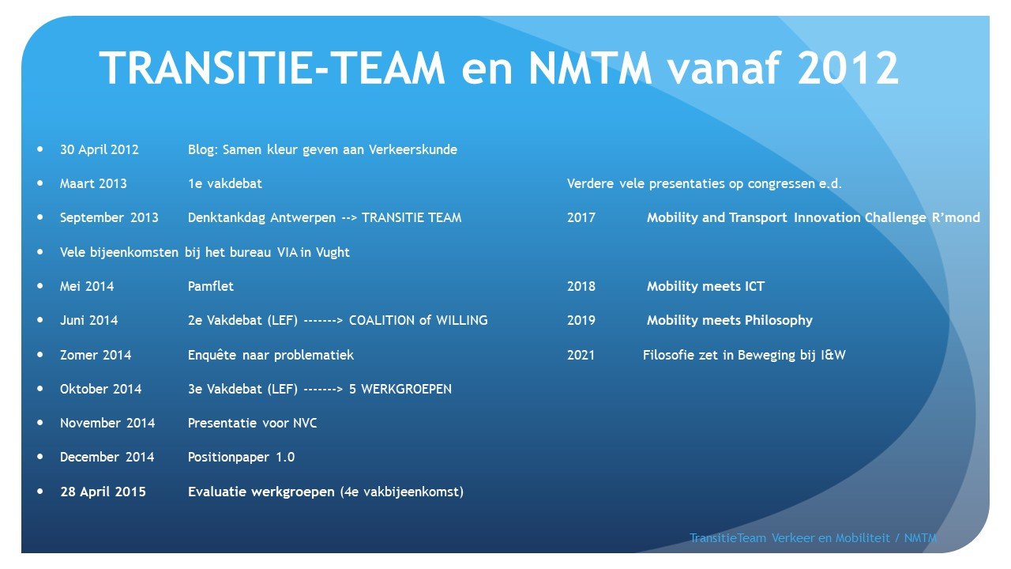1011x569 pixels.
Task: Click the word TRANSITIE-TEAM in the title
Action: tap(272, 68)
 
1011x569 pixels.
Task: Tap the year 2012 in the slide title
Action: tap(848, 68)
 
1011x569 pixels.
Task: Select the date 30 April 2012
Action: tap(100, 149)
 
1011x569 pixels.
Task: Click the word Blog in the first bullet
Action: tap(203, 149)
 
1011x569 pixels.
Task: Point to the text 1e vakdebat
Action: tap(225, 183)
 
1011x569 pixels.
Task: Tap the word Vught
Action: tap(333, 252)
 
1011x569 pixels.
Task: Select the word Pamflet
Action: tap(211, 286)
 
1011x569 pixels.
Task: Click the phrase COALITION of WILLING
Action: tap(419, 320)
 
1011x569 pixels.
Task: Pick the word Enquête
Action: tap(212, 355)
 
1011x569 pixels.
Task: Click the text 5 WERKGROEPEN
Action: tap(400, 389)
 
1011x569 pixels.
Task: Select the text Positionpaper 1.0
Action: tap(241, 457)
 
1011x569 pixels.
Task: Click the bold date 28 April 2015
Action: tap(103, 492)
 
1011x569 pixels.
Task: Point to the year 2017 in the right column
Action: tap(581, 217)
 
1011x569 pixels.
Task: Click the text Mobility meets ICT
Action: tap(705, 286)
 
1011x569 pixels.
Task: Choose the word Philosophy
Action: tap(779, 320)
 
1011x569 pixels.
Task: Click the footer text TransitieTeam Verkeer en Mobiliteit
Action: tap(790, 538)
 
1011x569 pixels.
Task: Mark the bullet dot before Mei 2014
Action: tap(40, 285)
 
